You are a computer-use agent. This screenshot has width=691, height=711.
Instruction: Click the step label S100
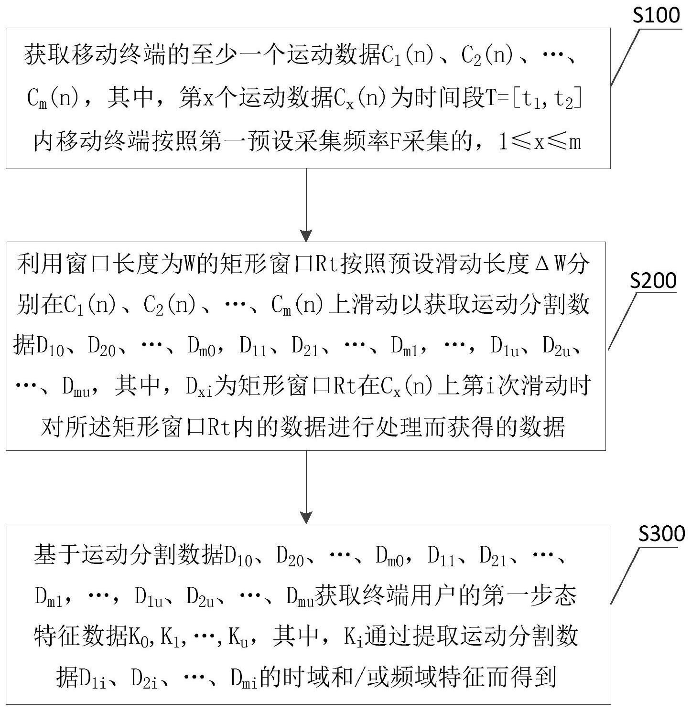(656, 15)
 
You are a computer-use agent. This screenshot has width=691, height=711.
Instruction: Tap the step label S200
(653, 281)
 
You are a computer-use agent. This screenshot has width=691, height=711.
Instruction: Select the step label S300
(662, 534)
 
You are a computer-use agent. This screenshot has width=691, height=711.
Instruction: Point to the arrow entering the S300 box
(306, 488)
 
